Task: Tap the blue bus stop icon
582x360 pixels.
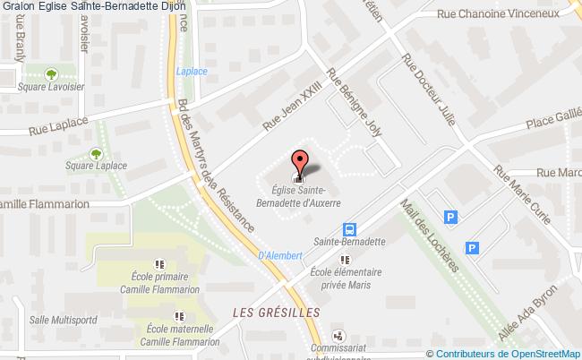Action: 350,227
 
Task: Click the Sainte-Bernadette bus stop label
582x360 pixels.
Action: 349,242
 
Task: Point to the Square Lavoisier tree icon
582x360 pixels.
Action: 52,74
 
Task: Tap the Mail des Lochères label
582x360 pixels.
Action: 437,234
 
